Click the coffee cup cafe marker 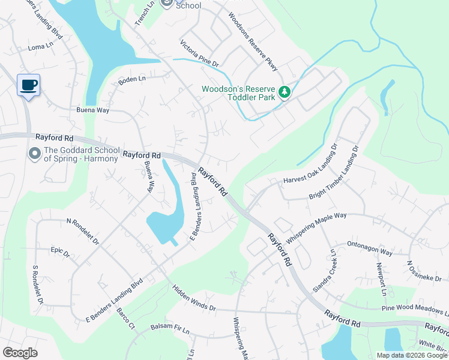click(28, 85)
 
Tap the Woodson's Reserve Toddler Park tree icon click(285, 92)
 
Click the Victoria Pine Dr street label click(200, 53)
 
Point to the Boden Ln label click(132, 80)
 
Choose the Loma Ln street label click(41, 46)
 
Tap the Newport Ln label click(381, 280)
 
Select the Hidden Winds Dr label click(194, 299)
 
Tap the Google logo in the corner click(20, 353)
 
